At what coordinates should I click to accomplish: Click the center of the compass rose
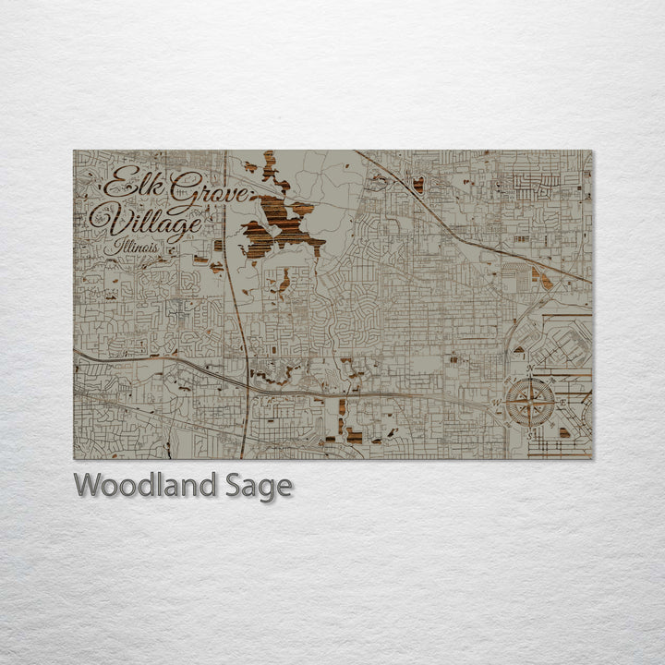[x=531, y=402]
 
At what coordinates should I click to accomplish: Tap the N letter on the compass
[x=531, y=370]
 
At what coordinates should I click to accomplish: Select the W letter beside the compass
[x=499, y=403]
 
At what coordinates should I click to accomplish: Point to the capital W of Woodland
[x=87, y=486]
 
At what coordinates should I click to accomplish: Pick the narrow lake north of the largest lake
[x=269, y=166]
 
